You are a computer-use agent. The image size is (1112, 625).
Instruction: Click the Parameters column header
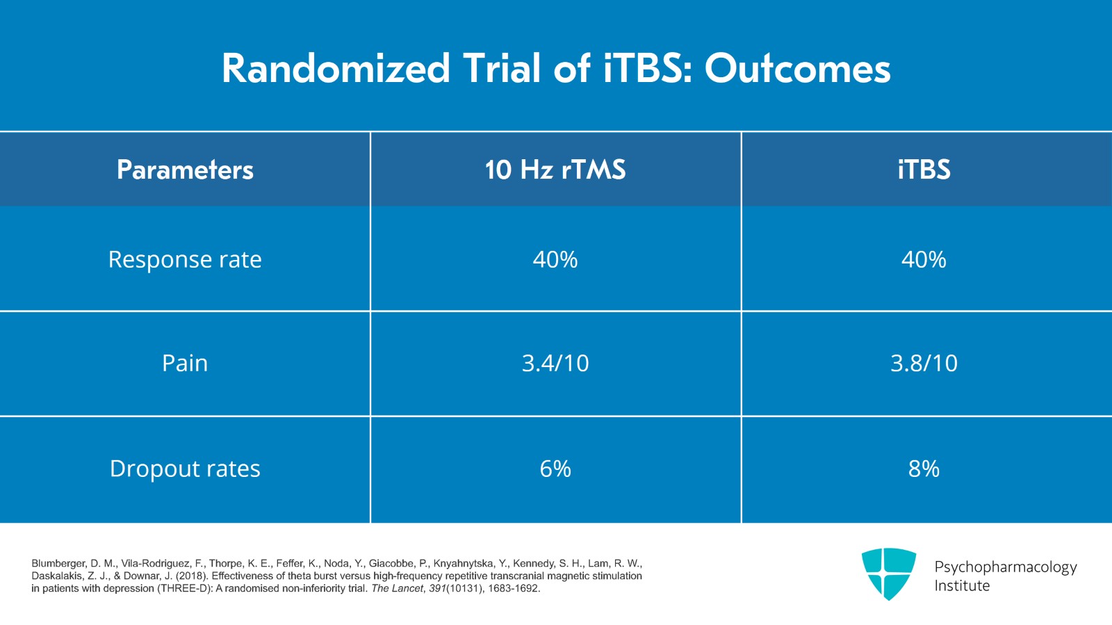(x=185, y=170)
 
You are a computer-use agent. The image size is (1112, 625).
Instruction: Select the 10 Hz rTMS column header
(x=555, y=170)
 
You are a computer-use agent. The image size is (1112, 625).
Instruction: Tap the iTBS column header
(x=924, y=170)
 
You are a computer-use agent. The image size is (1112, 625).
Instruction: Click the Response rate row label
(x=185, y=259)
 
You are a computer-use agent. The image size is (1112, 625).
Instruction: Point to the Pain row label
(x=185, y=363)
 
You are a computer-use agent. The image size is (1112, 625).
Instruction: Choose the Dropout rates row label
(x=185, y=469)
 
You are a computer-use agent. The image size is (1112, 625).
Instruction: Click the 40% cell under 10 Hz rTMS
(x=555, y=259)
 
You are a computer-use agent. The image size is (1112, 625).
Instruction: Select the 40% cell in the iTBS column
(x=924, y=259)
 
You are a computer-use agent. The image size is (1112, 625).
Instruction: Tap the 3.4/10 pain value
(x=555, y=363)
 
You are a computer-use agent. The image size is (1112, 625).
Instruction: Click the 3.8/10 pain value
(x=924, y=363)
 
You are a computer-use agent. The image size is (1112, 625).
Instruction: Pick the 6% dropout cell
(x=555, y=469)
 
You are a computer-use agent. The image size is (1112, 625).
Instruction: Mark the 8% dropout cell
(x=924, y=469)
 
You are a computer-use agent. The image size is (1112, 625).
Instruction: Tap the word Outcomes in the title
(x=797, y=69)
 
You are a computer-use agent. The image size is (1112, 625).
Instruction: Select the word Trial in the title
(x=502, y=69)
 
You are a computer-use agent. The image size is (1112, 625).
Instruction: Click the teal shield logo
(x=888, y=574)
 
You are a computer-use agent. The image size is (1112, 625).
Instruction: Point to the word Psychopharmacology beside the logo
(x=1005, y=567)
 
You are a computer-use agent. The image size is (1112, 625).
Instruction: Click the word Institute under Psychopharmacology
(x=962, y=586)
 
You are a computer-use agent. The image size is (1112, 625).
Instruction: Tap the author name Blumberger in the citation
(x=58, y=564)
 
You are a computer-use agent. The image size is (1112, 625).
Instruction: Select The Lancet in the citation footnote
(x=397, y=589)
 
